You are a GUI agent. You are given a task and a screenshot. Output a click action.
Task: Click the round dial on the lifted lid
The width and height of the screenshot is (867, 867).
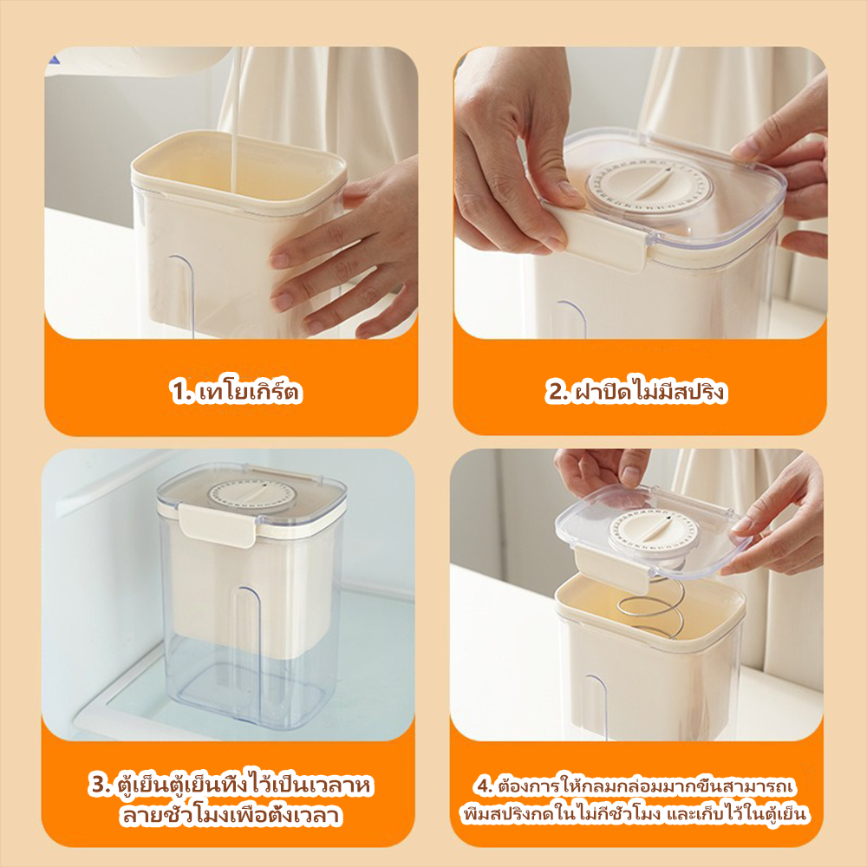(653, 532)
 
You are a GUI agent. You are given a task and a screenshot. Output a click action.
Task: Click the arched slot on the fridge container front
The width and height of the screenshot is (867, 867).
(248, 653)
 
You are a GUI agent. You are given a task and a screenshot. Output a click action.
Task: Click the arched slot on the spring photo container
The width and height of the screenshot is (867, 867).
(596, 707)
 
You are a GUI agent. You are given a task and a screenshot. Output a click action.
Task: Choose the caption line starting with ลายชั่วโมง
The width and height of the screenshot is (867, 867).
(231, 816)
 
